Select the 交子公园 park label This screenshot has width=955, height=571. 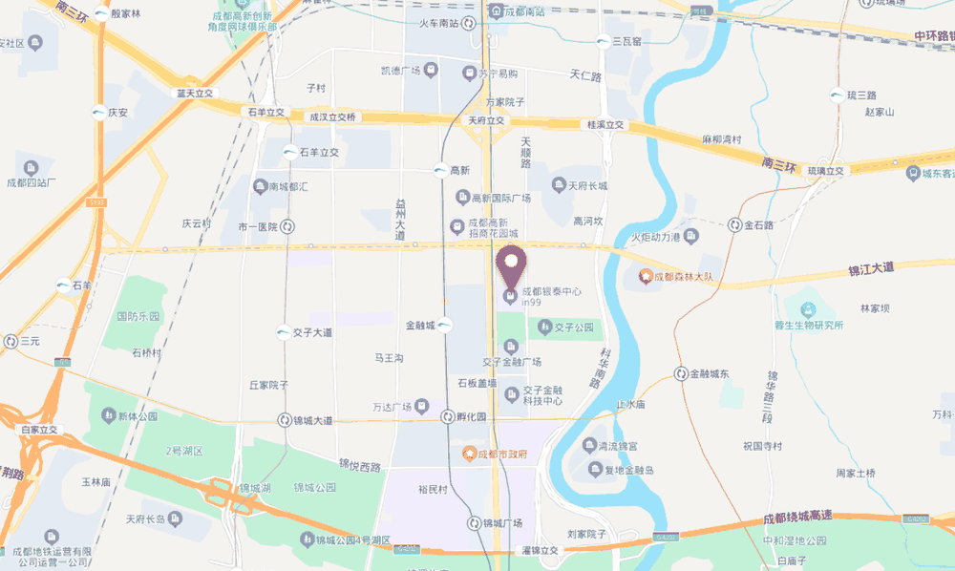coord(574,328)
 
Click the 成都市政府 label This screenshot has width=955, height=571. coord(502,455)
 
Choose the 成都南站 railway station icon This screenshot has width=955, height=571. coord(495,11)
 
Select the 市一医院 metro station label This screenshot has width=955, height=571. coord(257,227)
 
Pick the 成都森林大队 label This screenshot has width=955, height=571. coord(685,277)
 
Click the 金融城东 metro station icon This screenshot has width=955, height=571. coord(681,373)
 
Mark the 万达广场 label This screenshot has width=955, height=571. coord(392,407)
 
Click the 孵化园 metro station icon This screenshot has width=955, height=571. coord(448,416)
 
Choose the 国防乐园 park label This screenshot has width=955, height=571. coord(138,316)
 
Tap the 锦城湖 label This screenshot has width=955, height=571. coord(256,488)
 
